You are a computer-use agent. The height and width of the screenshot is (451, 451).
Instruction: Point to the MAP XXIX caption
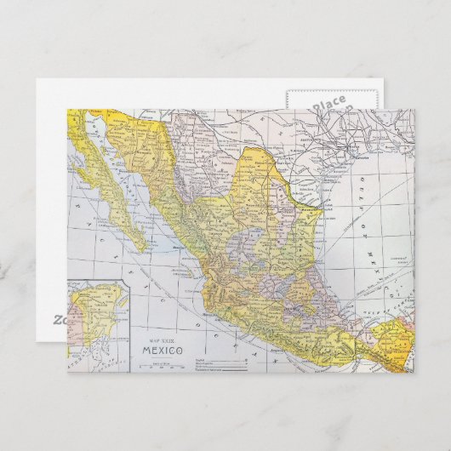162,339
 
